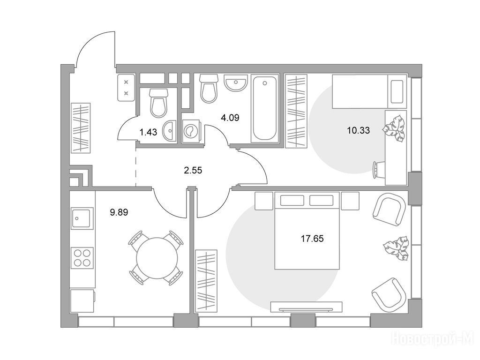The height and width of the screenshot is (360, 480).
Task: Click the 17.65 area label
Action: (312, 239)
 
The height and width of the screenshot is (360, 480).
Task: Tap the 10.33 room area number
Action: (358, 131)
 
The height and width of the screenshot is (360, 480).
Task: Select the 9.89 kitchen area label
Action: (119, 212)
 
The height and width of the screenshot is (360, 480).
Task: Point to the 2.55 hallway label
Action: (193, 170)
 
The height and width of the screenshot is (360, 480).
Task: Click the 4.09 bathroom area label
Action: (230, 118)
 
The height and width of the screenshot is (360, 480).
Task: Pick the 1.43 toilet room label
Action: (148, 132)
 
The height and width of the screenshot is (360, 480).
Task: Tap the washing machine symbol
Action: (191, 131)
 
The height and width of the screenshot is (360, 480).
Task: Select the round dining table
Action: (157, 258)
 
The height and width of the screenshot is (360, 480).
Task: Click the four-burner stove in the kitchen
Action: (82, 258)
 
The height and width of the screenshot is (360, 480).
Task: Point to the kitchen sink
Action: (82, 218)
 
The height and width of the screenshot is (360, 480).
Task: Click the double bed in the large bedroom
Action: (307, 231)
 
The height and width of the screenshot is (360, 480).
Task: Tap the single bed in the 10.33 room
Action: (369, 91)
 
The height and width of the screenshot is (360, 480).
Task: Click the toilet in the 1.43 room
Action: (159, 103)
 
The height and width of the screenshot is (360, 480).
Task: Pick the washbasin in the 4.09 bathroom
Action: (235, 82)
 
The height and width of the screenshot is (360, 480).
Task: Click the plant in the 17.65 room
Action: (396, 248)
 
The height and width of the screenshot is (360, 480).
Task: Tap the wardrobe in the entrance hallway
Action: (81, 128)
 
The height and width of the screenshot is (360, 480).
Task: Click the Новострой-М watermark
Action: (435, 339)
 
